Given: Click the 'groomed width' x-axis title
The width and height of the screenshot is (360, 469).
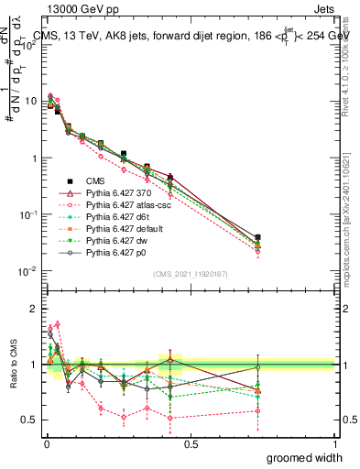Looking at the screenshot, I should [305, 457].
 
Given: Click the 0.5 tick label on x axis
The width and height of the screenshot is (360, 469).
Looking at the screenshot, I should [191, 443].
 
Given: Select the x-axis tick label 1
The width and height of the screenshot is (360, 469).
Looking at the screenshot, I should [334, 443].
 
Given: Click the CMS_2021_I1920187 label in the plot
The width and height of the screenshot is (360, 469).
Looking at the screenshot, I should [191, 272].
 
